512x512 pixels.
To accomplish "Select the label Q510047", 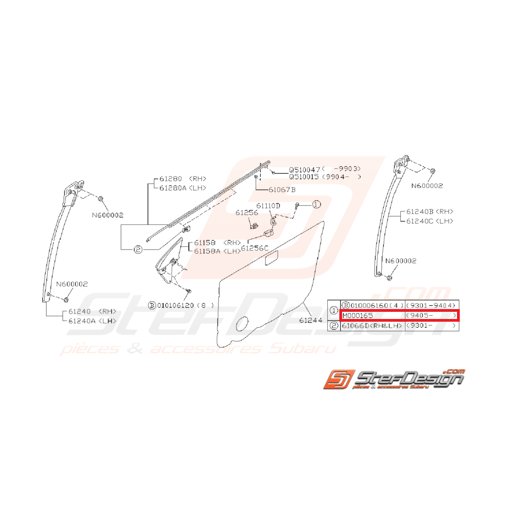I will point(305,170).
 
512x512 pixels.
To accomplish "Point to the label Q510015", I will point(305,177).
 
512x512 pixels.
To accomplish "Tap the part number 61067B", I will point(282,190).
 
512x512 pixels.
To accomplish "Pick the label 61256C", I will point(255,248).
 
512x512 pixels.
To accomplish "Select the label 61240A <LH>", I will point(92,321).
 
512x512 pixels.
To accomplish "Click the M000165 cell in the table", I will point(357,316).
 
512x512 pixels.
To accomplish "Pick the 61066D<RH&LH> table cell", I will point(372,326).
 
